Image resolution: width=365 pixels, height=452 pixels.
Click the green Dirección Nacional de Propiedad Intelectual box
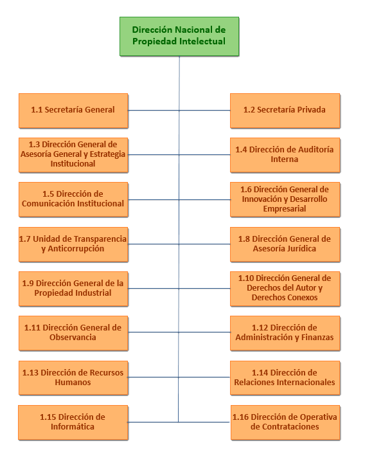tap(179, 36)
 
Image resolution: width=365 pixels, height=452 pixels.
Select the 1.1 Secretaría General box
tap(73, 111)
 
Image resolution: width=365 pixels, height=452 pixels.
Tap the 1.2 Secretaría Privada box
tap(285, 111)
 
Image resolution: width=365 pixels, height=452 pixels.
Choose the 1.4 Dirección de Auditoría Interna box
tap(285, 155)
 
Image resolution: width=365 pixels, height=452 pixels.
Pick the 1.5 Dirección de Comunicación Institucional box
tap(73, 199)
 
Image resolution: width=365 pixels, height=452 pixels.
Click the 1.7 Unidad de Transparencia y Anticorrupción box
tap(73, 244)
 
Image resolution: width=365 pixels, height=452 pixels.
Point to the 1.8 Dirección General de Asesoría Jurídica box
tap(285, 244)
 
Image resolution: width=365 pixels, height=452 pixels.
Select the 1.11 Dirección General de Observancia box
tap(73, 333)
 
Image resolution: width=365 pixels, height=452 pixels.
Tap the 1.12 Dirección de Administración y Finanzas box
tap(285, 333)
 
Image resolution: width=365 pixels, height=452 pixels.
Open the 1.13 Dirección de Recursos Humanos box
tap(73, 378)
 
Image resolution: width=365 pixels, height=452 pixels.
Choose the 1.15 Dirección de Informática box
tap(73, 422)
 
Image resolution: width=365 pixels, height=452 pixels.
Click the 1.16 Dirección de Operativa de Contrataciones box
tap(285, 422)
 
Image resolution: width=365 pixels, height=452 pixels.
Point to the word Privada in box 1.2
tap(312, 109)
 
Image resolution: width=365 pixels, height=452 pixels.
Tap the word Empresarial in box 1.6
tap(285, 208)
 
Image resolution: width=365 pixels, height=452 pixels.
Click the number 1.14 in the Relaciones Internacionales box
tap(260, 372)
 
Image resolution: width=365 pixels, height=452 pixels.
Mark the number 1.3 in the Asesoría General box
tap(34, 144)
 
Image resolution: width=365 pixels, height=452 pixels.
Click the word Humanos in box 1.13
tap(73, 383)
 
